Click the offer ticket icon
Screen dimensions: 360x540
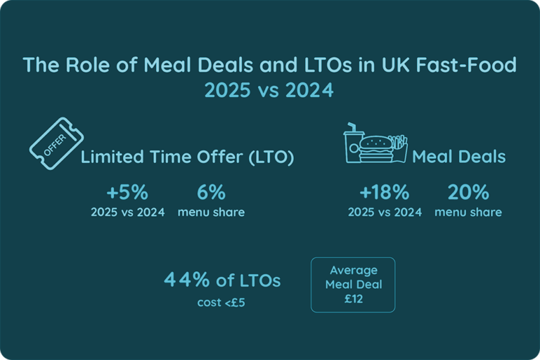tap(54, 143)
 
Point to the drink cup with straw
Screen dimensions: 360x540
tap(352, 145)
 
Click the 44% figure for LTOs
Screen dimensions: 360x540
tap(186, 281)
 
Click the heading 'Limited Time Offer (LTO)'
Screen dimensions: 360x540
tap(187, 157)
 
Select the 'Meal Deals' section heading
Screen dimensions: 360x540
tap(458, 157)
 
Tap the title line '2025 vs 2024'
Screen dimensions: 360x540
tap(269, 91)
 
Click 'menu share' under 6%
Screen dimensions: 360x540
tap(211, 212)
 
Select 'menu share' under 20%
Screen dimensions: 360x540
tap(468, 212)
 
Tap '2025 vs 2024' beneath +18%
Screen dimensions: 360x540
tap(385, 212)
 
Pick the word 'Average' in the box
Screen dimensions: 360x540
tap(352, 271)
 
